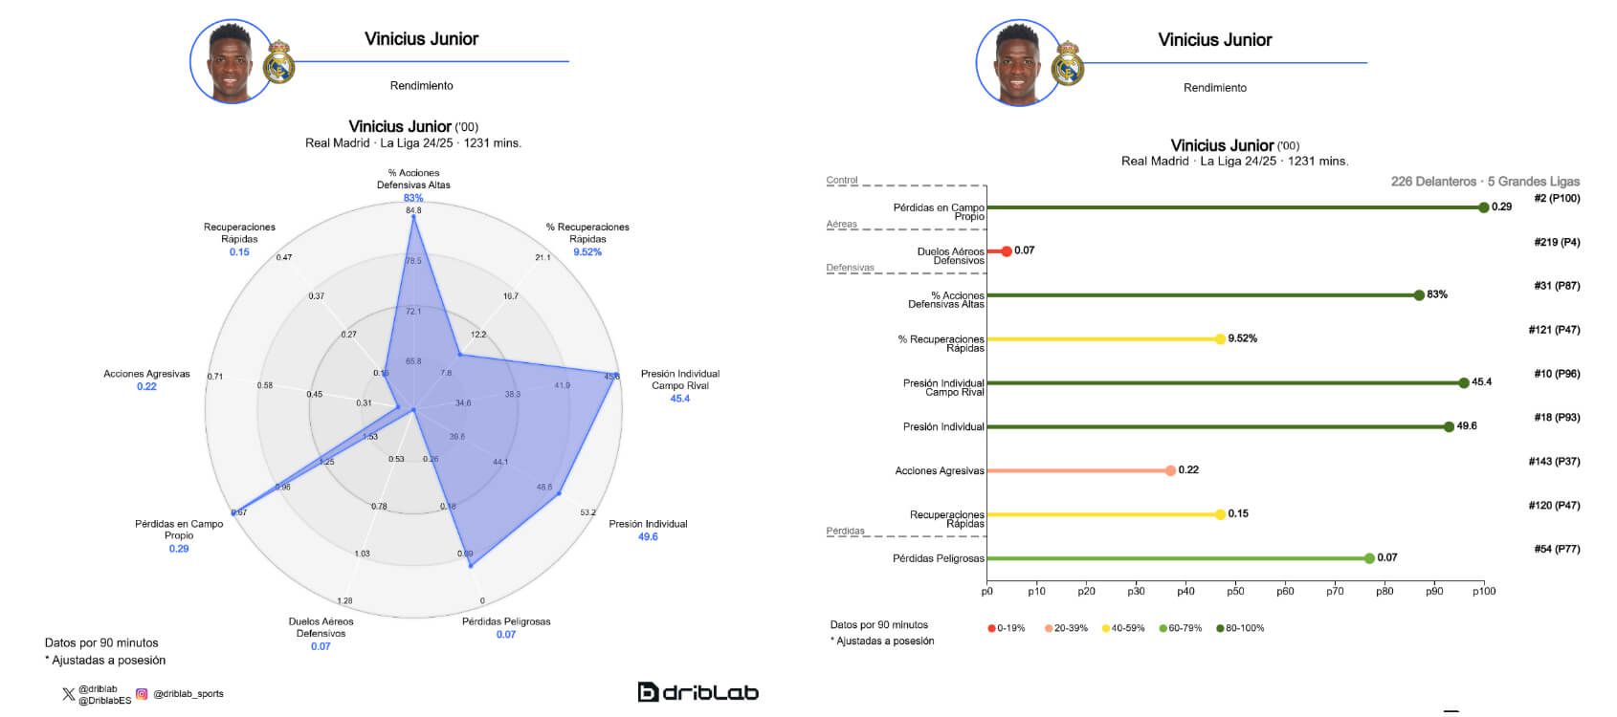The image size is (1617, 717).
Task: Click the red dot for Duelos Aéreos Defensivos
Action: (x=1006, y=251)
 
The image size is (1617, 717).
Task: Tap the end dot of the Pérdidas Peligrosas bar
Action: (x=1369, y=558)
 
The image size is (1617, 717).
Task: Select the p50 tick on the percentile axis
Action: (x=1235, y=591)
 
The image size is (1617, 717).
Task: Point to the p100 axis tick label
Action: (x=1484, y=591)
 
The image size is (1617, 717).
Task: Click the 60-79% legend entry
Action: (x=1179, y=628)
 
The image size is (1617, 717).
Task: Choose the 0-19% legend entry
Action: (x=1007, y=628)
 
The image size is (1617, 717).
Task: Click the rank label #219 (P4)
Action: (x=1556, y=243)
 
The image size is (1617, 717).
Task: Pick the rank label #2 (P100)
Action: (x=1557, y=199)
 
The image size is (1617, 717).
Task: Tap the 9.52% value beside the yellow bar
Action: (x=1242, y=338)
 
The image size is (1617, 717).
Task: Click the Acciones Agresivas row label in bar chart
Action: (x=939, y=471)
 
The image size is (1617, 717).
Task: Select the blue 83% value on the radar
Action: (x=413, y=198)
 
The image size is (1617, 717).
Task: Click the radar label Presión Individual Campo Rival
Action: (x=679, y=380)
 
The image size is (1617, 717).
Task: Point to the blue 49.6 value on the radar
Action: (x=648, y=536)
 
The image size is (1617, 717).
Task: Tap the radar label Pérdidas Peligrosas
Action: (x=506, y=621)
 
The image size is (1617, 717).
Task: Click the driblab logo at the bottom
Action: (x=698, y=692)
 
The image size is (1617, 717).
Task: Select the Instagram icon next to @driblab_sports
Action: (x=142, y=694)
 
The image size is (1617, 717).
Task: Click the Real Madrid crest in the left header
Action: (x=278, y=62)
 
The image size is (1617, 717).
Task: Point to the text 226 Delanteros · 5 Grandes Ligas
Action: (x=1485, y=182)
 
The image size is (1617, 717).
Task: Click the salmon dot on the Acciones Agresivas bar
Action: (x=1170, y=470)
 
